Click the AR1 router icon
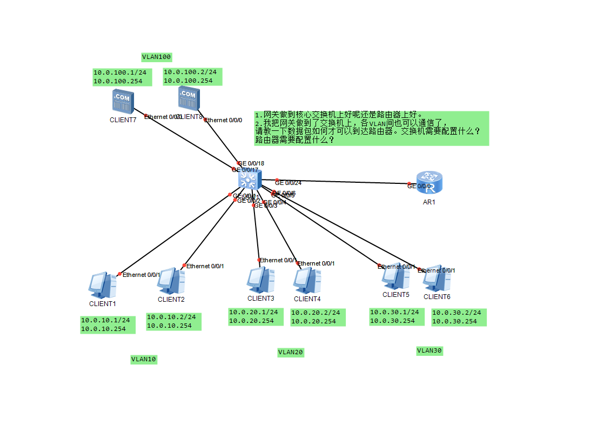click(429, 182)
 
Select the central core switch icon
click(250, 178)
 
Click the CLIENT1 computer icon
click(102, 285)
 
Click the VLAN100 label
click(156, 57)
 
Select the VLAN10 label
click(144, 359)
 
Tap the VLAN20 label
click(291, 353)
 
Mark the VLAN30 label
click(430, 351)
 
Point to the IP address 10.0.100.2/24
click(190, 72)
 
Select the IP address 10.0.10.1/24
click(105, 320)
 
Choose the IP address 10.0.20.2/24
click(316, 313)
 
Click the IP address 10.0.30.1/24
click(394, 312)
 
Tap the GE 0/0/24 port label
click(288, 183)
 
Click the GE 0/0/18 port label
click(251, 163)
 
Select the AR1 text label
click(429, 202)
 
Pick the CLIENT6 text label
click(437, 296)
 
